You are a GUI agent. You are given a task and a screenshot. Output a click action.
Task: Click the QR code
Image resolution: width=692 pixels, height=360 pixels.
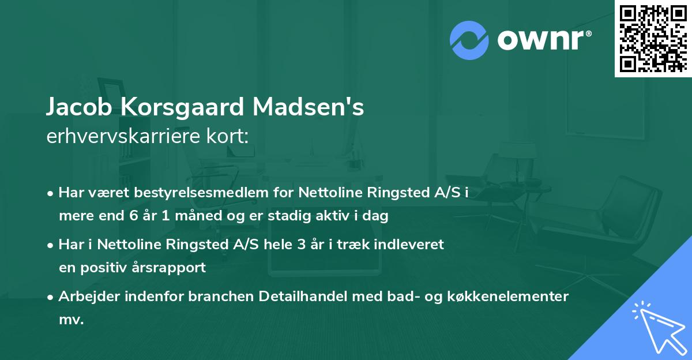[652, 38]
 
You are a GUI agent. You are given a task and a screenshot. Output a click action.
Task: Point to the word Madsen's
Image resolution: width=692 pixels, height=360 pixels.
[309, 107]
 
